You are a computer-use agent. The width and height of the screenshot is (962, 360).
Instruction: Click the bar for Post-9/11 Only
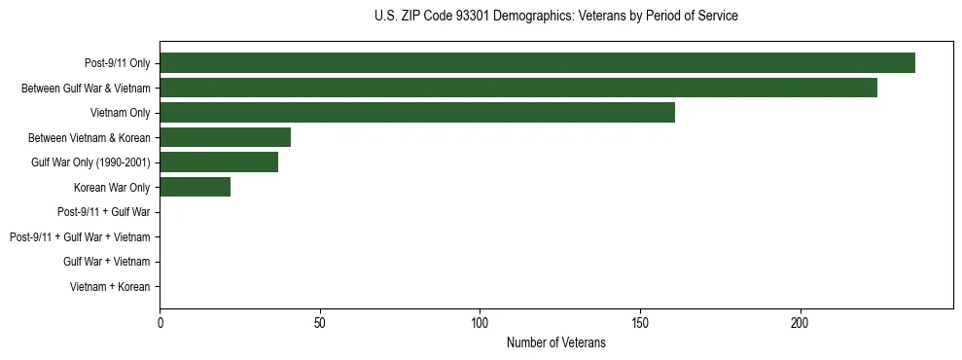point(537,63)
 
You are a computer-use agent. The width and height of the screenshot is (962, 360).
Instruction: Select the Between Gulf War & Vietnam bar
point(518,88)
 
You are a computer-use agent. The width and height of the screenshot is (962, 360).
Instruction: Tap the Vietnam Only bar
point(417,113)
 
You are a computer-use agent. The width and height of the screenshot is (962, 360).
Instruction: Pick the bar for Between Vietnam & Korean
point(225,137)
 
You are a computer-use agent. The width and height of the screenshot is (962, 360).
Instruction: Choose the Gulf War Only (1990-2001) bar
point(219,162)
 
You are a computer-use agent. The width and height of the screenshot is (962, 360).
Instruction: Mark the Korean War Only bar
point(195,187)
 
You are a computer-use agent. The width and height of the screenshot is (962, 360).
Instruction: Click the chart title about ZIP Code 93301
point(555,17)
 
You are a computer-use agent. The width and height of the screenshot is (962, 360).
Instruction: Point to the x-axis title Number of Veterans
point(555,342)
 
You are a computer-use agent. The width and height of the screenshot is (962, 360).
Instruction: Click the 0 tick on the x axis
point(160,322)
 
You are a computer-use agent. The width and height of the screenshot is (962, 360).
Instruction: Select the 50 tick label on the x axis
point(320,322)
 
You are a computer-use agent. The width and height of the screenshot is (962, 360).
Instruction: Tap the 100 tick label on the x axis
point(480,322)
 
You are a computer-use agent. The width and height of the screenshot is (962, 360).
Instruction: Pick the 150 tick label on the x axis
point(640,322)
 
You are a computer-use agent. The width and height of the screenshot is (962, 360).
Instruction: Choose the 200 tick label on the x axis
point(800,322)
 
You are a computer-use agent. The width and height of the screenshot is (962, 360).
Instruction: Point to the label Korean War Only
point(112,188)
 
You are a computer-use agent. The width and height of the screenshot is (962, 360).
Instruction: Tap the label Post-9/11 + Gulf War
point(103,212)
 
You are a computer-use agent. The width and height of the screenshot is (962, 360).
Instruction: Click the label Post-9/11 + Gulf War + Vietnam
point(80,237)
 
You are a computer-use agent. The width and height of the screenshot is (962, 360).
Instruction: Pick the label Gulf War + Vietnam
point(107,262)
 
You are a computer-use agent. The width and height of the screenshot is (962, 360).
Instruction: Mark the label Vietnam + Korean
point(110,287)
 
